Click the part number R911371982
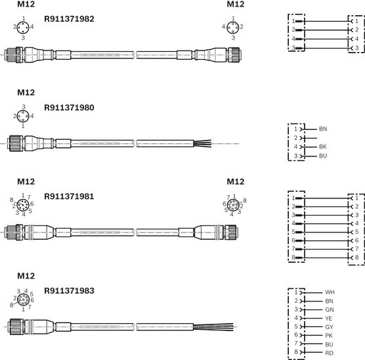tap(69, 19)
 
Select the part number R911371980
tap(69, 108)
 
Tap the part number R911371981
tap(69, 196)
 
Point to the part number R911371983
tap(69, 291)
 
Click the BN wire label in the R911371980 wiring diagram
tap(323, 129)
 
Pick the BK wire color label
tap(323, 146)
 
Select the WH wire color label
tap(330, 292)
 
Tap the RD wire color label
tap(329, 353)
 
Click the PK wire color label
tap(329, 336)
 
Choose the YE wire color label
tap(328, 319)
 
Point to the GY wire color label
tap(329, 327)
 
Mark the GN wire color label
tap(330, 309)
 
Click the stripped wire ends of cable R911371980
tap(202, 143)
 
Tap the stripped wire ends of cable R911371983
tap(213, 327)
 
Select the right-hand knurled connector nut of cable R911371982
tap(234, 55)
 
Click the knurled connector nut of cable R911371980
tap(16, 143)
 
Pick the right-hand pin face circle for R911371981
tap(233, 205)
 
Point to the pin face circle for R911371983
tap(24, 300)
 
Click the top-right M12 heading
tap(236, 4)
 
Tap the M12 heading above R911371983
tap(26, 276)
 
